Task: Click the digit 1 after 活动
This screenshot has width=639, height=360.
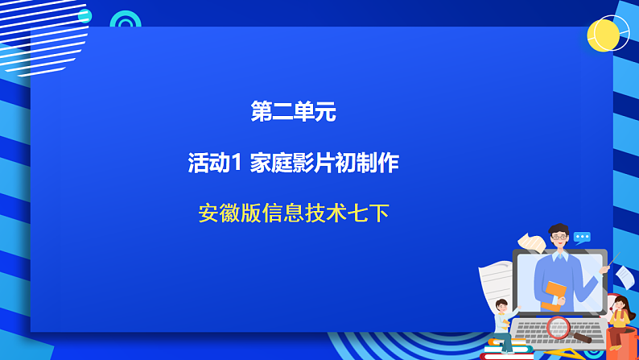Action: coord(237,163)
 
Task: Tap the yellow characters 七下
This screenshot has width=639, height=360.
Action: coord(369,213)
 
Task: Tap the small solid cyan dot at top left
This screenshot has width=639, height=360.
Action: coord(85,16)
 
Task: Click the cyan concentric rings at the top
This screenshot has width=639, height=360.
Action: coord(126,22)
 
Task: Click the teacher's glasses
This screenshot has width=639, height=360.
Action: coord(559,238)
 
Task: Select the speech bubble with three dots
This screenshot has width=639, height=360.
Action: coord(582,238)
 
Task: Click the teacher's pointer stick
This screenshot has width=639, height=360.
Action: coord(613,259)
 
